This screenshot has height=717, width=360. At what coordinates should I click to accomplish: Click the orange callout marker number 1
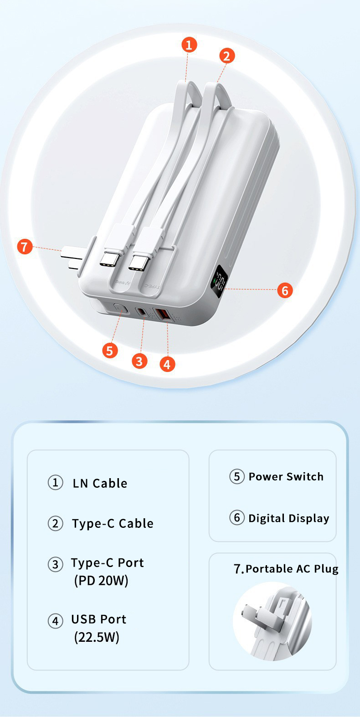189,45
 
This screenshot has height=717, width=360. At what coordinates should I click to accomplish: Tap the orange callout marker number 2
227,56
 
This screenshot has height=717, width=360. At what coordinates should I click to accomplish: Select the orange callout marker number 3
139,361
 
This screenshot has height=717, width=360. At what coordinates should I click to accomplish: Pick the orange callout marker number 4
167,364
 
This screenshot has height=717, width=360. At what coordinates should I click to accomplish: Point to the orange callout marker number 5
109,351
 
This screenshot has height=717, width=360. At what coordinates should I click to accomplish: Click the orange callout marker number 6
285,290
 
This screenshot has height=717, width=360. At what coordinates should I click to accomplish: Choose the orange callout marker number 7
25,247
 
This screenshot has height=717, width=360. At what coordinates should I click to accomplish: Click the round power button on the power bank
119,309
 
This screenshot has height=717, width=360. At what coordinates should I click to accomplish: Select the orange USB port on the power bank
162,315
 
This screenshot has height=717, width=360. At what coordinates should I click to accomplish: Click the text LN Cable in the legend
100,483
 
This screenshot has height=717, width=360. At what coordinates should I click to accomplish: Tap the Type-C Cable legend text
113,523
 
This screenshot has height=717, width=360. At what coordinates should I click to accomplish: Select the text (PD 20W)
101,581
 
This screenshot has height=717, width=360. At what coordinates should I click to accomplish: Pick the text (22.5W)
97,637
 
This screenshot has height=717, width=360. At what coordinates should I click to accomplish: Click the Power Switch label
286,477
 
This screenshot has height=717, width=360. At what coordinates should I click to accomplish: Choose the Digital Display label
288,518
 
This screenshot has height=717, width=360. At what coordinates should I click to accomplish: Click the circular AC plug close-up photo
273,621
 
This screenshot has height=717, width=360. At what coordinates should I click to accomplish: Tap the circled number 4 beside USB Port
55,620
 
